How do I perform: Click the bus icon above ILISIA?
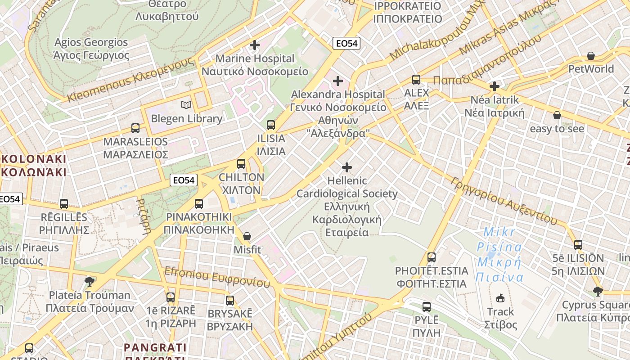pyautogui.click(x=270, y=125)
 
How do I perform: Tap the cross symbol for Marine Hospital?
pyautogui.click(x=255, y=45)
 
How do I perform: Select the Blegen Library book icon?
pyautogui.click(x=186, y=105)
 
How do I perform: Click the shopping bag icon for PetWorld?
pyautogui.click(x=591, y=56)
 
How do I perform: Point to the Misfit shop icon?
pyautogui.click(x=247, y=236)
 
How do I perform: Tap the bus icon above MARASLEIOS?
pyautogui.click(x=135, y=128)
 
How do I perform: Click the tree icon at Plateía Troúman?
pyautogui.click(x=90, y=282)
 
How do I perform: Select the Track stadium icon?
pyautogui.click(x=500, y=298)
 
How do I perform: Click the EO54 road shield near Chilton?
pyautogui.click(x=184, y=180)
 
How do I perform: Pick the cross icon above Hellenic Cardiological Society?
pyautogui.click(x=347, y=167)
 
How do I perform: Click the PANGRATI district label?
pyautogui.click(x=155, y=347)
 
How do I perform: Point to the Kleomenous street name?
pyautogui.click(x=130, y=81)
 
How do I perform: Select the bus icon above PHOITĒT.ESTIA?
pyautogui.click(x=432, y=257)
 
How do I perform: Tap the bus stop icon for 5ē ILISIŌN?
pyautogui.click(x=578, y=245)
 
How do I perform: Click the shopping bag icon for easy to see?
pyautogui.click(x=557, y=115)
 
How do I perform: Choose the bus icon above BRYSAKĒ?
pyautogui.click(x=230, y=300)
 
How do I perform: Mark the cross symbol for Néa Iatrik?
pyautogui.click(x=495, y=86)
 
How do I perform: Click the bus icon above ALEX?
pyautogui.click(x=416, y=80)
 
